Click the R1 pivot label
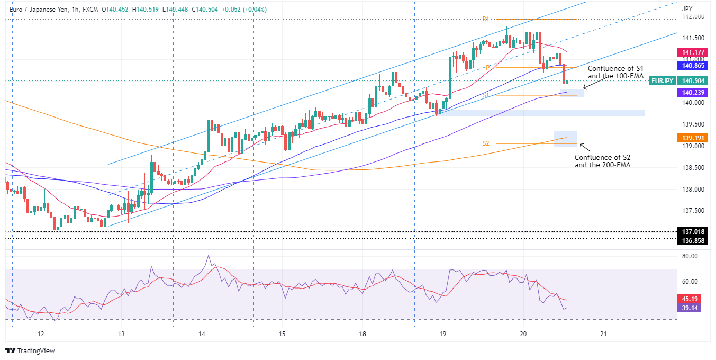click(485, 19)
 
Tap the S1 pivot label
click(485, 95)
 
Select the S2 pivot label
click(486, 143)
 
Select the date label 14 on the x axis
click(202, 334)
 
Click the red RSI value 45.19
click(690, 298)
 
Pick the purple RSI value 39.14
click(690, 308)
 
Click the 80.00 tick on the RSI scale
click(690, 256)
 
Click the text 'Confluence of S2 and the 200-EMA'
click(602, 161)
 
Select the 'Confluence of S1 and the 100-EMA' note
click(615, 73)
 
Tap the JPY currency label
click(687, 8)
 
